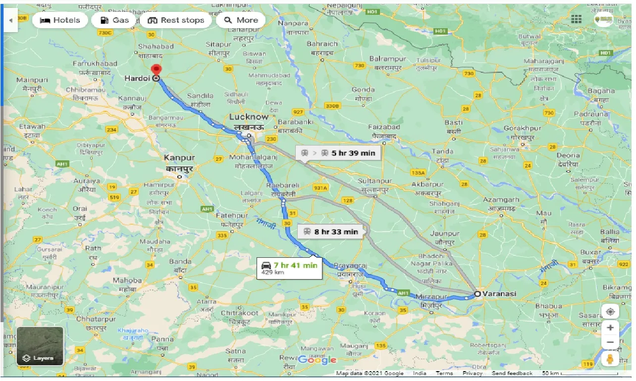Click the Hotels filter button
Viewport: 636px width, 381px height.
pos(59,20)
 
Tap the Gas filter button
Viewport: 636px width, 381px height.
pos(114,20)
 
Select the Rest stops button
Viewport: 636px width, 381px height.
pos(176,20)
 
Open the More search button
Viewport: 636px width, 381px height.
pos(241,20)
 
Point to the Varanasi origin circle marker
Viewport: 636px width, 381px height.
pos(477,294)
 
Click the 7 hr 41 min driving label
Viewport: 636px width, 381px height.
pos(289,268)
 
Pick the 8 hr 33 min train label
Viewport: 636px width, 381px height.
pos(330,232)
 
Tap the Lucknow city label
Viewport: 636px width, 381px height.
pos(248,117)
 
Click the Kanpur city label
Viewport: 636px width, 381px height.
pos(179,158)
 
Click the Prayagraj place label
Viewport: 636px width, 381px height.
pos(350,265)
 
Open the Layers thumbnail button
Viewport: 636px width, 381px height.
pos(40,346)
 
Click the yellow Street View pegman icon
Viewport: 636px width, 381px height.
pos(610,359)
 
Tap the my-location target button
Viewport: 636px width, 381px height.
pos(610,312)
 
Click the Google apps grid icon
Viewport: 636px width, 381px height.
pos(576,19)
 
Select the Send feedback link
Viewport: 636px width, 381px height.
pos(512,373)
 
